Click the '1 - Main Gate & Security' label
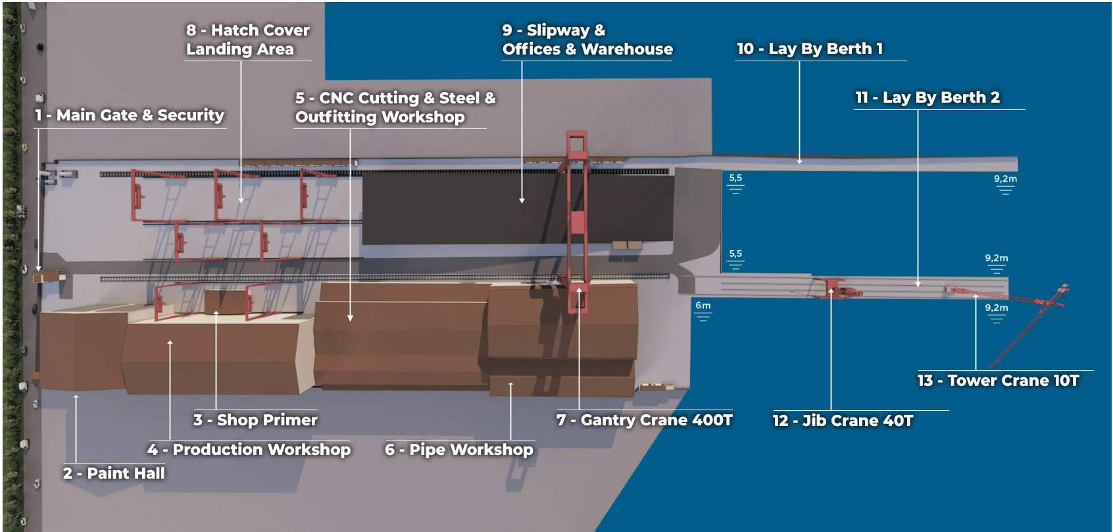point(130,115)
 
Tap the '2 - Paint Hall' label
point(114,473)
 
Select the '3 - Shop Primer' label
point(255,420)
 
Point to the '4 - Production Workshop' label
point(249,450)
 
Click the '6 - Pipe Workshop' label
point(459,450)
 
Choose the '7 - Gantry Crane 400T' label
point(645,420)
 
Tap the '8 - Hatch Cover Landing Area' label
point(247,40)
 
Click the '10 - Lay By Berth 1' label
point(810,49)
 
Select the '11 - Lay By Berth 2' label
point(927,97)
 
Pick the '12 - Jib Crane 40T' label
point(843,421)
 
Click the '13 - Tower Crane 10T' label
point(998,381)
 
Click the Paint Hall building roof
point(82,349)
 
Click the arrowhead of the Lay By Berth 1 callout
point(800,161)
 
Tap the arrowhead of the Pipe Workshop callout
point(510,384)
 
